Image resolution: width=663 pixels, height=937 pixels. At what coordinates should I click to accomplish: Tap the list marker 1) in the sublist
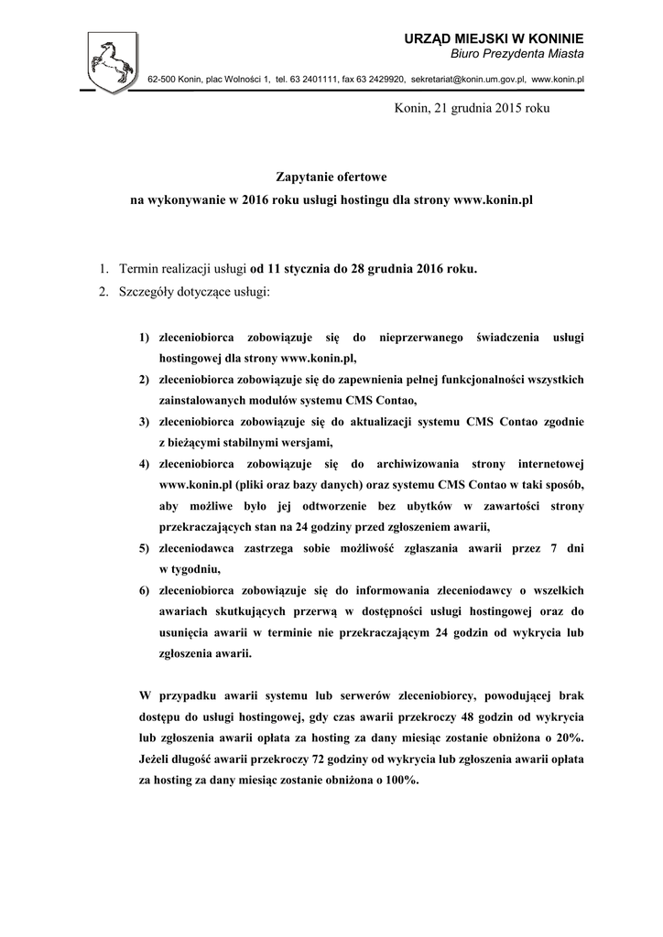[145, 339]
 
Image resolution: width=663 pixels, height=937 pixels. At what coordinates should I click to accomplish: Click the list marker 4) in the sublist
[145, 463]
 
